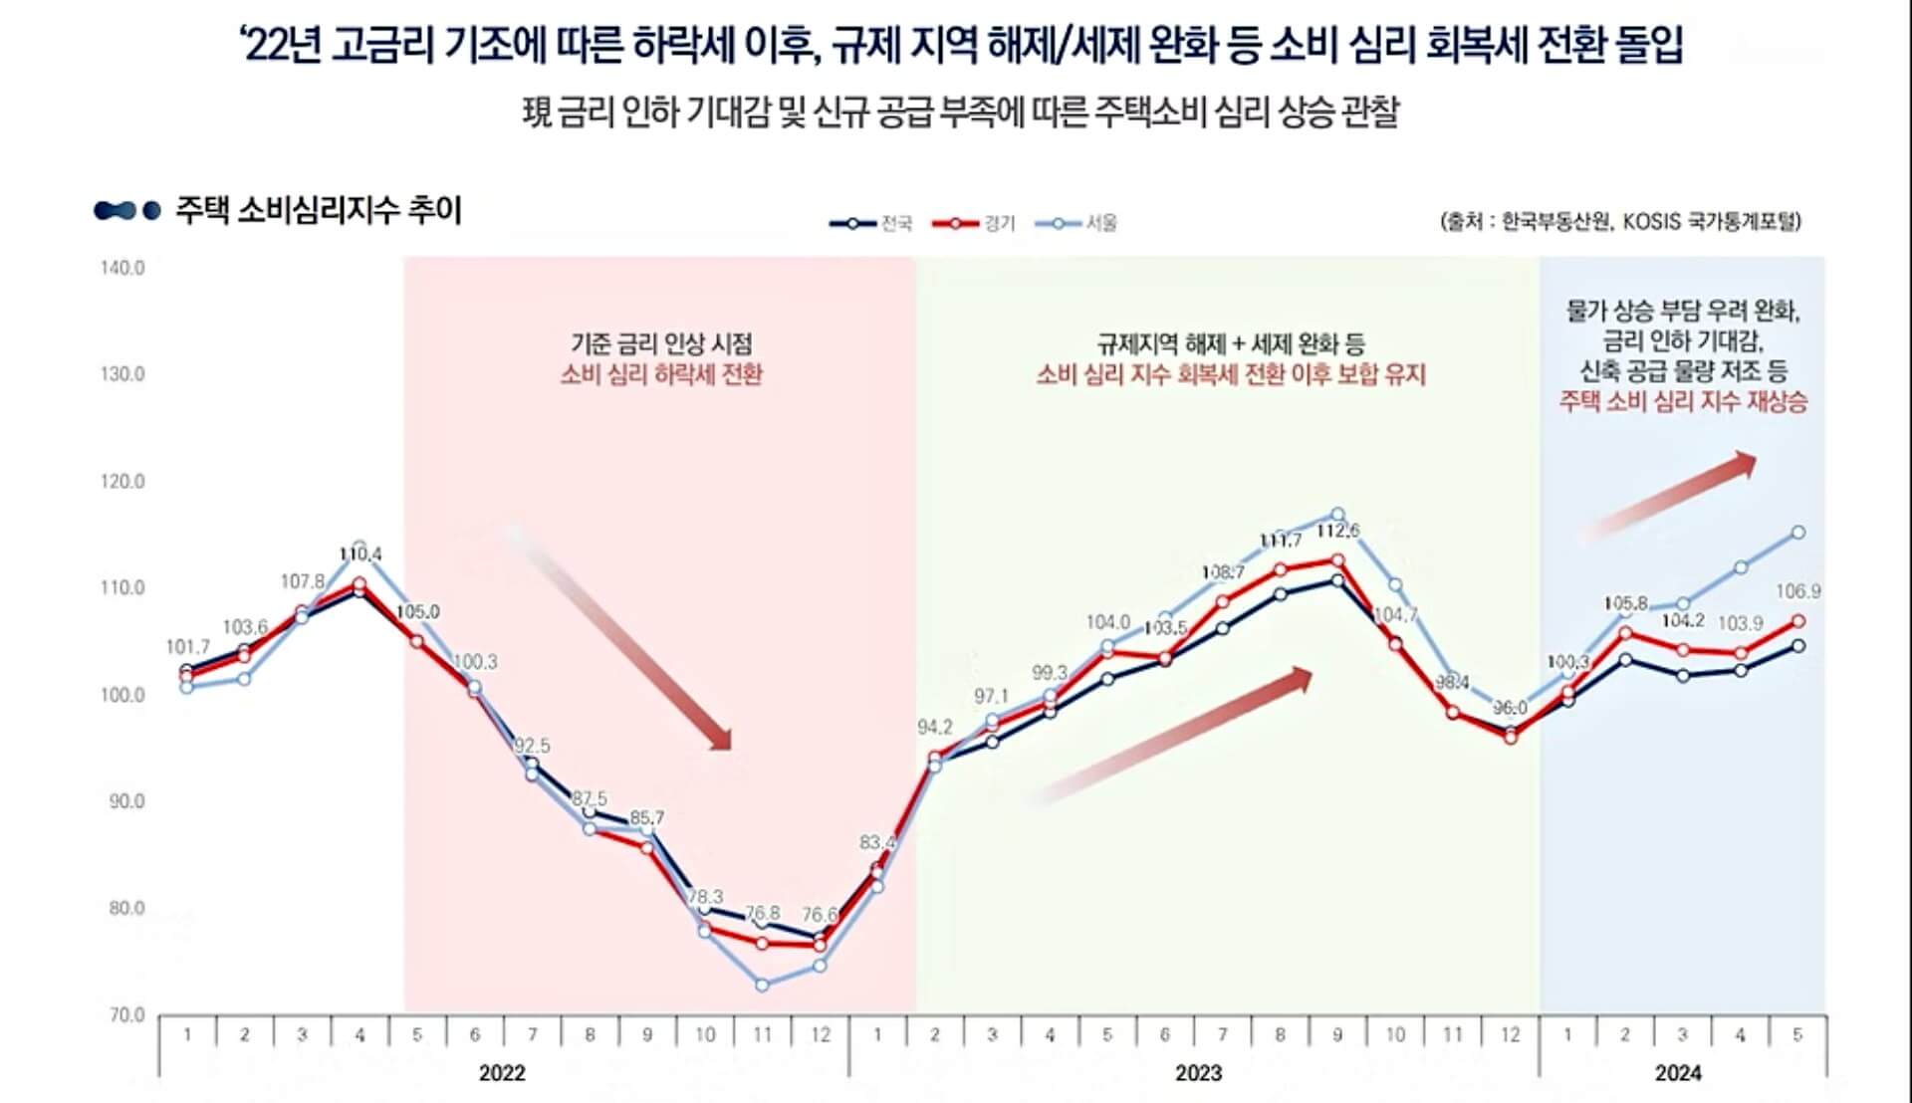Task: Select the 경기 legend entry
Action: point(975,223)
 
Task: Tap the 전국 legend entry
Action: point(871,223)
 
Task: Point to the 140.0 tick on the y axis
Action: point(122,268)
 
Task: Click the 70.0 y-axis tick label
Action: point(126,1015)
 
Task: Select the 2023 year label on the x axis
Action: point(1198,1073)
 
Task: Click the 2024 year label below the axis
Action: point(1678,1073)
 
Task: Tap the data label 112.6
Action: point(1337,532)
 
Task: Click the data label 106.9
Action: point(1797,591)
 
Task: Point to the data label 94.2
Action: point(935,728)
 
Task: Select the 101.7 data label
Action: point(187,647)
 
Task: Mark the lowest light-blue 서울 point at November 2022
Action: point(762,985)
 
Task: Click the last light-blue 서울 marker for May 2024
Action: point(1798,533)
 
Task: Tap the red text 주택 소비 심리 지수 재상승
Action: point(1683,402)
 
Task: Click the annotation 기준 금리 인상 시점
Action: point(661,343)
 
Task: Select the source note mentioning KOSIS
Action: point(1620,221)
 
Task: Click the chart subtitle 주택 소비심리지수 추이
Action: point(318,211)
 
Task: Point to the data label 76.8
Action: point(763,913)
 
